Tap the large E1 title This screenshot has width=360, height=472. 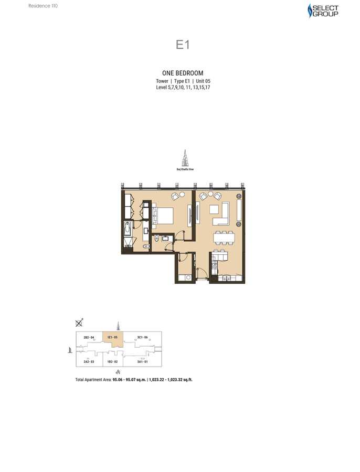(x=182, y=45)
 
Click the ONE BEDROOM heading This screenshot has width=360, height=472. (x=182, y=73)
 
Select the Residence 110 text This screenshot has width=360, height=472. (x=43, y=6)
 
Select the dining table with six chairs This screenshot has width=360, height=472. (x=224, y=238)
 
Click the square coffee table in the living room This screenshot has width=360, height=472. (x=214, y=209)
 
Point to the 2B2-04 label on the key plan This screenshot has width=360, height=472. (x=88, y=337)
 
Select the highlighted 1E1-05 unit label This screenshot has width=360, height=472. (x=112, y=337)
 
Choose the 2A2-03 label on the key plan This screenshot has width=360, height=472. (x=88, y=361)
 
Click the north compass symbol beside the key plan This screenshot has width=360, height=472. (x=79, y=323)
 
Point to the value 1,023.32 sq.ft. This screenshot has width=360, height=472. (x=176, y=379)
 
